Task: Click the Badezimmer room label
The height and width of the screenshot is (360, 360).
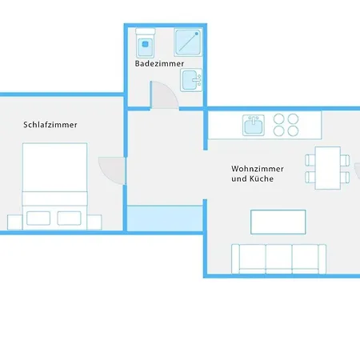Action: (160, 63)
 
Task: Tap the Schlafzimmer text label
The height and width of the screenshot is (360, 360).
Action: (50, 125)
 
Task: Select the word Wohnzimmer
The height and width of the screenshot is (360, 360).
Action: (253, 169)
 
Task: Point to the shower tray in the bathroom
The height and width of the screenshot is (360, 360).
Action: (188, 41)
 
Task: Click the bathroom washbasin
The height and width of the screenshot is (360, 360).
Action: (191, 80)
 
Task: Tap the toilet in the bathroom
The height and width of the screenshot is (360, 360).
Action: (146, 41)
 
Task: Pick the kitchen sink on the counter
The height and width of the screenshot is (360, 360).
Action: (254, 125)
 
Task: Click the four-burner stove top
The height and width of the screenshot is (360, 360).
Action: (286, 125)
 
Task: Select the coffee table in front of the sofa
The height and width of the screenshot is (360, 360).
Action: (278, 220)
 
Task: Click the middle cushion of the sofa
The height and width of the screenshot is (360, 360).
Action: (278, 258)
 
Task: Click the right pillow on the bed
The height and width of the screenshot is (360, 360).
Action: (70, 218)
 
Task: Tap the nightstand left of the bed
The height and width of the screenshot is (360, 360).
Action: (14, 222)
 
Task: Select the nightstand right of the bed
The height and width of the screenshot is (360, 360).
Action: (94, 222)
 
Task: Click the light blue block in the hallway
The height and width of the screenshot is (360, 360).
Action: (166, 216)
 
